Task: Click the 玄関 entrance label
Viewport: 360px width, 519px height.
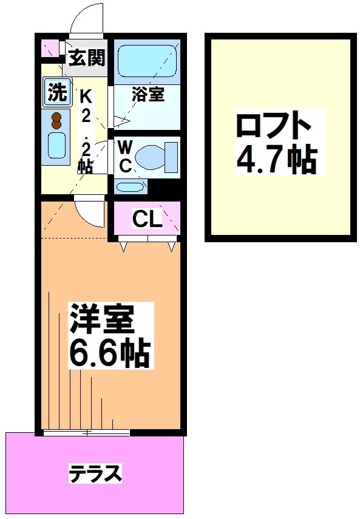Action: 87,58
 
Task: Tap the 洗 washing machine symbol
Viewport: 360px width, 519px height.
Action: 56,92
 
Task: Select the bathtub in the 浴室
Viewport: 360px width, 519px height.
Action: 147,61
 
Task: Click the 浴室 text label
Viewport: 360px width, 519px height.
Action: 148,95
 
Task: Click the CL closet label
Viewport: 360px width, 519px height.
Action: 148,220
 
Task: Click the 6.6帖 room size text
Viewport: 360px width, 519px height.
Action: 109,353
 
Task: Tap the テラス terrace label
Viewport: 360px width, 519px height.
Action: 95,473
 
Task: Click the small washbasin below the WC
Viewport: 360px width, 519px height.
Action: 130,186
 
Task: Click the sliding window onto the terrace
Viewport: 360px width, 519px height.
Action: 86,433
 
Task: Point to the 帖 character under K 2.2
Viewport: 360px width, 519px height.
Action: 86,166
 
